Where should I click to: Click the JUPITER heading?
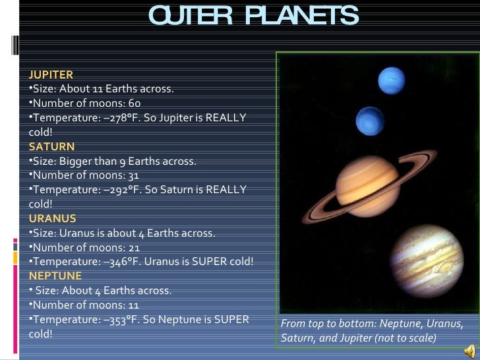(51, 75)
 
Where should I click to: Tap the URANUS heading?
(53, 218)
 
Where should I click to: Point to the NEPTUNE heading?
(55, 276)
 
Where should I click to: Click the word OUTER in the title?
(187, 16)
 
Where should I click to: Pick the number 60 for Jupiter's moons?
(134, 104)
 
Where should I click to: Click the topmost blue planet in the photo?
(391, 80)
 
